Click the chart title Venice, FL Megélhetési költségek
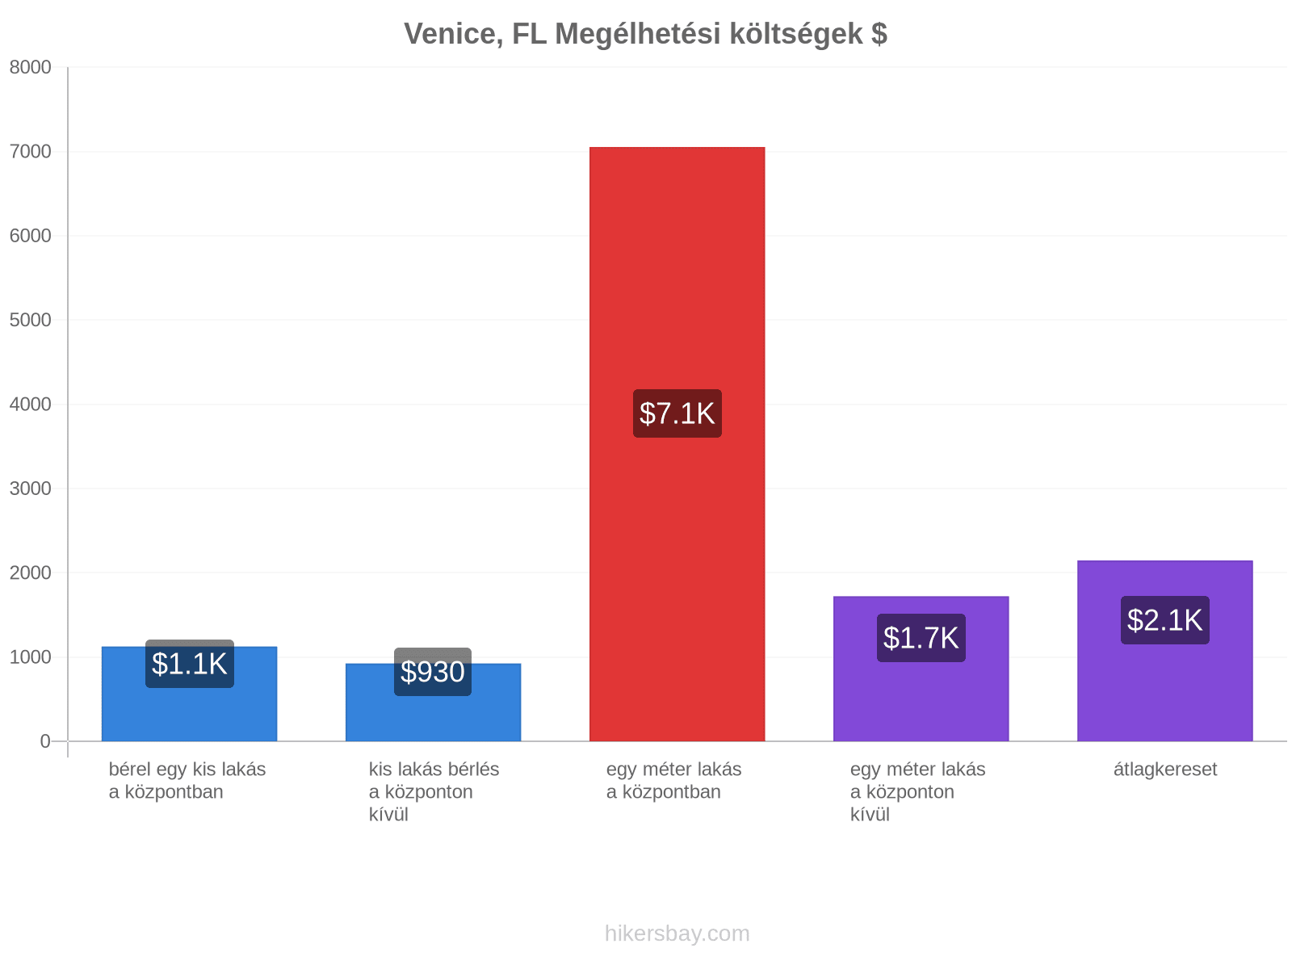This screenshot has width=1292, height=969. (x=645, y=34)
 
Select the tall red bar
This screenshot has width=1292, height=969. (x=677, y=444)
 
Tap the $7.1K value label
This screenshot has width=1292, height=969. (x=677, y=413)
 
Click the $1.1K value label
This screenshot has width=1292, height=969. (x=190, y=664)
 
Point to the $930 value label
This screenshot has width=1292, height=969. (x=433, y=672)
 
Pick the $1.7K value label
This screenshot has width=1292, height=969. (x=921, y=638)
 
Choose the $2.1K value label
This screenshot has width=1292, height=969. (x=1164, y=620)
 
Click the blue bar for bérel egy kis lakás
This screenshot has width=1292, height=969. (x=190, y=694)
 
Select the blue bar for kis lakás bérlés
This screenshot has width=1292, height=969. (x=433, y=703)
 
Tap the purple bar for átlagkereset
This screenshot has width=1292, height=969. (x=1165, y=651)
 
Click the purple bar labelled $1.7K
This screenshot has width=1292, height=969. (x=921, y=669)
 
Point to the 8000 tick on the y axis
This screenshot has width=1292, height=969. (x=30, y=67)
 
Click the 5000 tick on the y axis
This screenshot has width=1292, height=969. (x=30, y=320)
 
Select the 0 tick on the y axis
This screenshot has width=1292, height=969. (x=45, y=741)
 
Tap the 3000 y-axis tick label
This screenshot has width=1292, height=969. (x=30, y=489)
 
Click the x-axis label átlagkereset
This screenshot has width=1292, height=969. (x=1165, y=770)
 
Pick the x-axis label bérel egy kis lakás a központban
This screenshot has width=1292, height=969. (x=187, y=781)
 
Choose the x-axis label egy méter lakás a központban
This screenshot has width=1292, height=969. (x=673, y=781)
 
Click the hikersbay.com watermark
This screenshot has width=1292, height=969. (x=677, y=933)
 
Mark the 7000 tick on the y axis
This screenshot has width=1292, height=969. (x=30, y=152)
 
